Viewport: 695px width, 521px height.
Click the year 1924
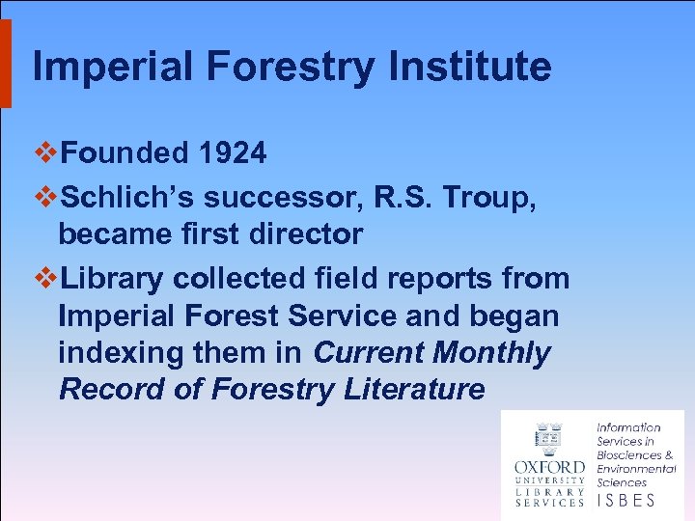[232, 152]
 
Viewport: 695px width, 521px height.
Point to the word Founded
[125, 152]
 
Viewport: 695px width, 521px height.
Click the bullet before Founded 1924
[45, 152]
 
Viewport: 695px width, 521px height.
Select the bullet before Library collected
[45, 279]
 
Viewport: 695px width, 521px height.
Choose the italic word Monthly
[491, 353]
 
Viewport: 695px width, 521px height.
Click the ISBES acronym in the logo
[626, 500]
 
